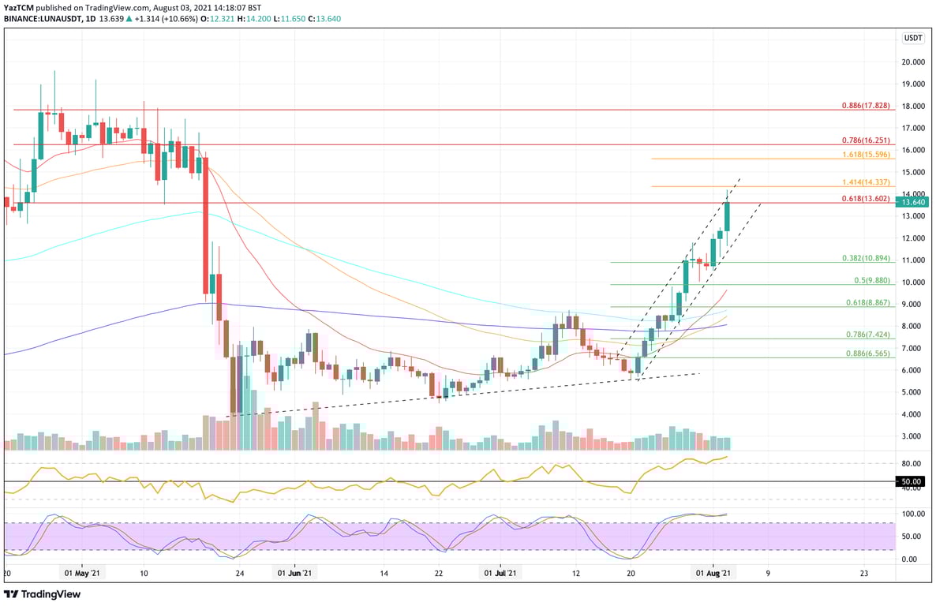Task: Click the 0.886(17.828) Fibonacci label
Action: tap(867, 105)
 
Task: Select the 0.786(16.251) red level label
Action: tap(867, 140)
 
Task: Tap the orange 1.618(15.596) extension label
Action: tap(867, 154)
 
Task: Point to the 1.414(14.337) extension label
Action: tap(867, 181)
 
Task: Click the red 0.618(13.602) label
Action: tap(867, 199)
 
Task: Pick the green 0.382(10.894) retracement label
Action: tap(867, 258)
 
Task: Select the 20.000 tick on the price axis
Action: tap(914, 62)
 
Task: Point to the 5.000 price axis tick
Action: tap(914, 392)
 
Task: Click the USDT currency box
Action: tap(913, 38)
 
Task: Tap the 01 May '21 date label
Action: tap(82, 574)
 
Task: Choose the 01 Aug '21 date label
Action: tap(713, 574)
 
